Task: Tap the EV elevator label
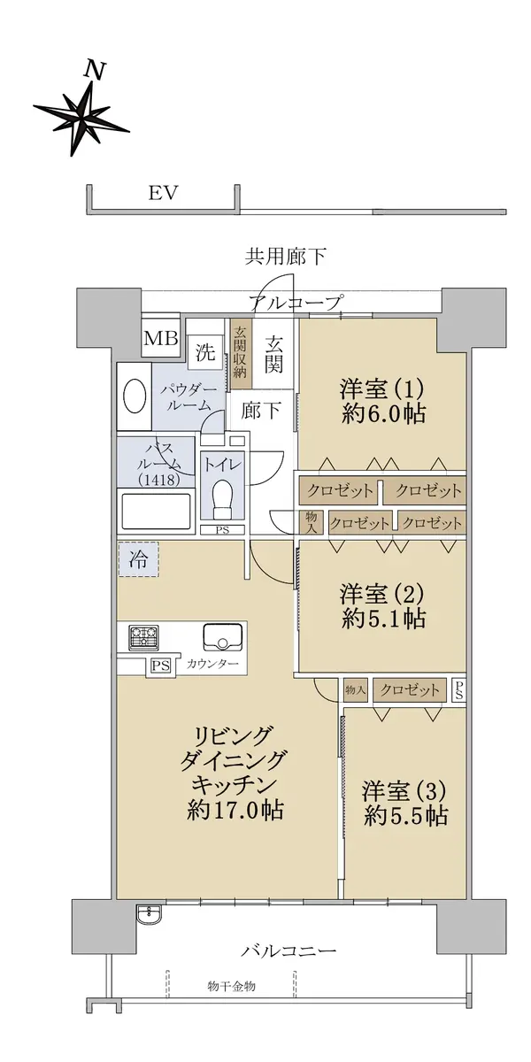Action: [x=164, y=193]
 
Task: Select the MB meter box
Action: [x=161, y=338]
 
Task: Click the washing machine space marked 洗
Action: [x=204, y=352]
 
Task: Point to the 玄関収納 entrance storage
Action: [x=241, y=353]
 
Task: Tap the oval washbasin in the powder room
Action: [x=135, y=396]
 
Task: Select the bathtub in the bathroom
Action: [x=157, y=512]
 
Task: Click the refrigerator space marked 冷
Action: [x=138, y=560]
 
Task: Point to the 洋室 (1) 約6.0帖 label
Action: [x=382, y=402]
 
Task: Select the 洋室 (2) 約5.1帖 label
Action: [x=382, y=606]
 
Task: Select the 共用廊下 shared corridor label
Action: [x=285, y=257]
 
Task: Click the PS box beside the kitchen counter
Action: [x=161, y=666]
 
